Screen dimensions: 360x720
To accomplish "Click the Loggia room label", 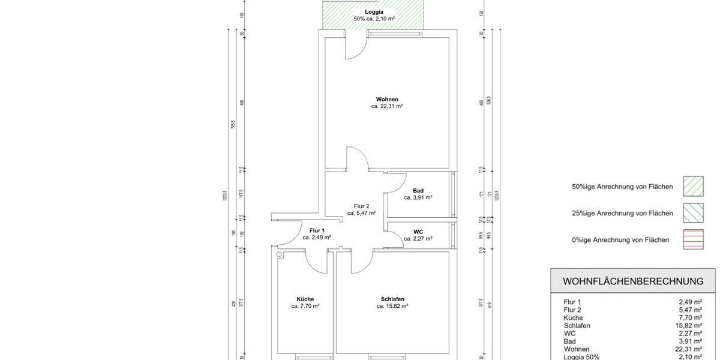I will click(x=374, y=11).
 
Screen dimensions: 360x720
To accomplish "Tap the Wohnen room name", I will click(x=387, y=99).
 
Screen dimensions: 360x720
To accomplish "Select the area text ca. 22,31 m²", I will click(x=387, y=106).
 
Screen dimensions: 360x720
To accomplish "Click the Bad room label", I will click(x=418, y=191).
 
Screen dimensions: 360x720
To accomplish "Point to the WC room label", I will click(x=418, y=231).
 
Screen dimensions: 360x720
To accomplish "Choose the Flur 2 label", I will click(x=361, y=206).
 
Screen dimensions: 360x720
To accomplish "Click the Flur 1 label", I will click(x=317, y=230).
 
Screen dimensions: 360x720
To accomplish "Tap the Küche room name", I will click(x=305, y=299).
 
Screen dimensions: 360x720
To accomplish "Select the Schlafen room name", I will click(x=392, y=299).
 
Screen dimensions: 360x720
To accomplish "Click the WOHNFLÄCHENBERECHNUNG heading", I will click(x=633, y=281).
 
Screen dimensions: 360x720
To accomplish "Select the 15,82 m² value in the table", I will click(x=689, y=325).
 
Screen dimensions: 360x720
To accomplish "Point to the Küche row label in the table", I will click(x=572, y=317).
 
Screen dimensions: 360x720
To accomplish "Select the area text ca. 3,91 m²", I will click(x=418, y=197).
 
